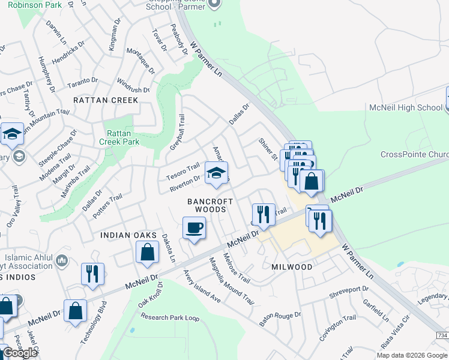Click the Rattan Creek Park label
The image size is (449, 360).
point(123,137)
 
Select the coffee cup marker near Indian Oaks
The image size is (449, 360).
point(194,229)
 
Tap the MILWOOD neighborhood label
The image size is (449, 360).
point(292,266)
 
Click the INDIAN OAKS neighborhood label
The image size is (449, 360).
point(128,235)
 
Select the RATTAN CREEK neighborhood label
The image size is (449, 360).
point(106,100)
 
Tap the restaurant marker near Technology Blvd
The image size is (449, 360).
point(92,274)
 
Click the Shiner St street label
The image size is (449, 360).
point(267,149)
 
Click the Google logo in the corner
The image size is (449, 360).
point(20,353)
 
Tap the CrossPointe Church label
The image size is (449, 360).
point(414,154)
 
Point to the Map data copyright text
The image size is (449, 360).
point(412,355)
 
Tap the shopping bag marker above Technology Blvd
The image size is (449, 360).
point(76,311)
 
